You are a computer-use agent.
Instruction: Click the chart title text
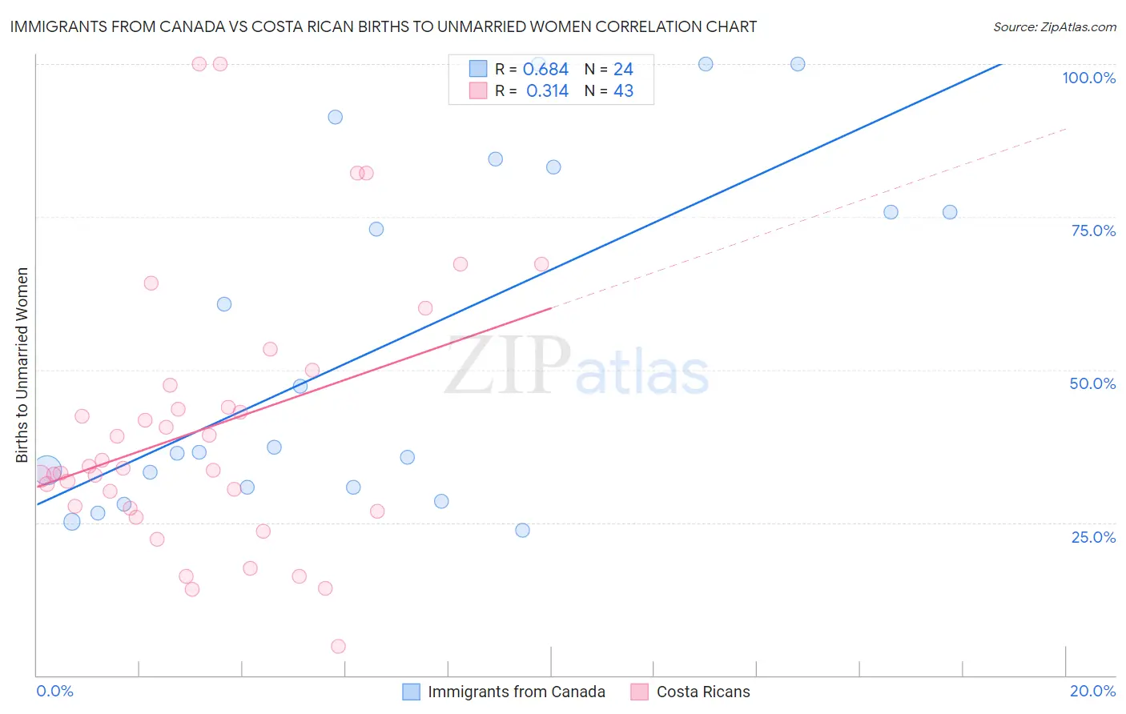coord(383,26)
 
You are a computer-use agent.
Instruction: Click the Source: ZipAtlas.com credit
coord(1054,26)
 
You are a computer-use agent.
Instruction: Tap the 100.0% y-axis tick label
coord(1088,78)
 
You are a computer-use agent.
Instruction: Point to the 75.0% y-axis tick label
coord(1093,231)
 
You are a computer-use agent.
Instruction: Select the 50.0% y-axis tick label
coord(1092,383)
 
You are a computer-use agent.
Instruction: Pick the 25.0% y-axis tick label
coord(1093,536)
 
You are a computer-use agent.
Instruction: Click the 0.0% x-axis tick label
coord(54,691)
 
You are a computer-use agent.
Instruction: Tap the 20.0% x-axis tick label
coord(1092,691)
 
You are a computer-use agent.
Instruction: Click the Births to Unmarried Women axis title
coord(22,365)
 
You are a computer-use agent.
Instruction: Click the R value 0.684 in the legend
coord(545,70)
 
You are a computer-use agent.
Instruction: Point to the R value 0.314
coord(547,91)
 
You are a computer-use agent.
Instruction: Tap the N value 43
coord(623,91)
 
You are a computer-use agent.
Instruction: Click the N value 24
coord(623,70)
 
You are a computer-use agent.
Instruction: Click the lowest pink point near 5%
coord(338,646)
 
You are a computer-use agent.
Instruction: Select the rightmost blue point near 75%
coord(950,212)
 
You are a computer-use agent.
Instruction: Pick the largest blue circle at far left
coord(47,470)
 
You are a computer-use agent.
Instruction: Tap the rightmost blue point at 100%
coord(798,64)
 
